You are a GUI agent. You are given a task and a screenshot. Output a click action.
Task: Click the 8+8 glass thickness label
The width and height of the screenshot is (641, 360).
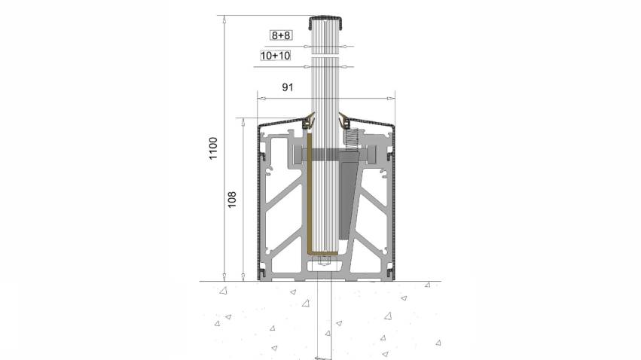[x=281, y=35]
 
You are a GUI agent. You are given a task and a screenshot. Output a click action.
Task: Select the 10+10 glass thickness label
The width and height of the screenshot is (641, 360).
[x=276, y=56]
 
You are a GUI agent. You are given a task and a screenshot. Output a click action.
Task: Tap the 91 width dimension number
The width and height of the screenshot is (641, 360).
[x=288, y=87]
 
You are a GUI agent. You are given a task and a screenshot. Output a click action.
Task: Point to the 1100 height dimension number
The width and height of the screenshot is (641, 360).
[x=213, y=148]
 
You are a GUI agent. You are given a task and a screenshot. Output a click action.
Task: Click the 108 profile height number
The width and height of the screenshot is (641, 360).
[x=232, y=200]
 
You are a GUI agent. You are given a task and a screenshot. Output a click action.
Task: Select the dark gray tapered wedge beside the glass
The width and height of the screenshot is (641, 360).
[x=348, y=196]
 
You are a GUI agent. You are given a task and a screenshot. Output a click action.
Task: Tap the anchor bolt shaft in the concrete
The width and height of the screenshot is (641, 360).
[x=325, y=315]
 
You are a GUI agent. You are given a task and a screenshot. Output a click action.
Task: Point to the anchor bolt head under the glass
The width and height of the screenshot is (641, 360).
[x=325, y=261]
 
